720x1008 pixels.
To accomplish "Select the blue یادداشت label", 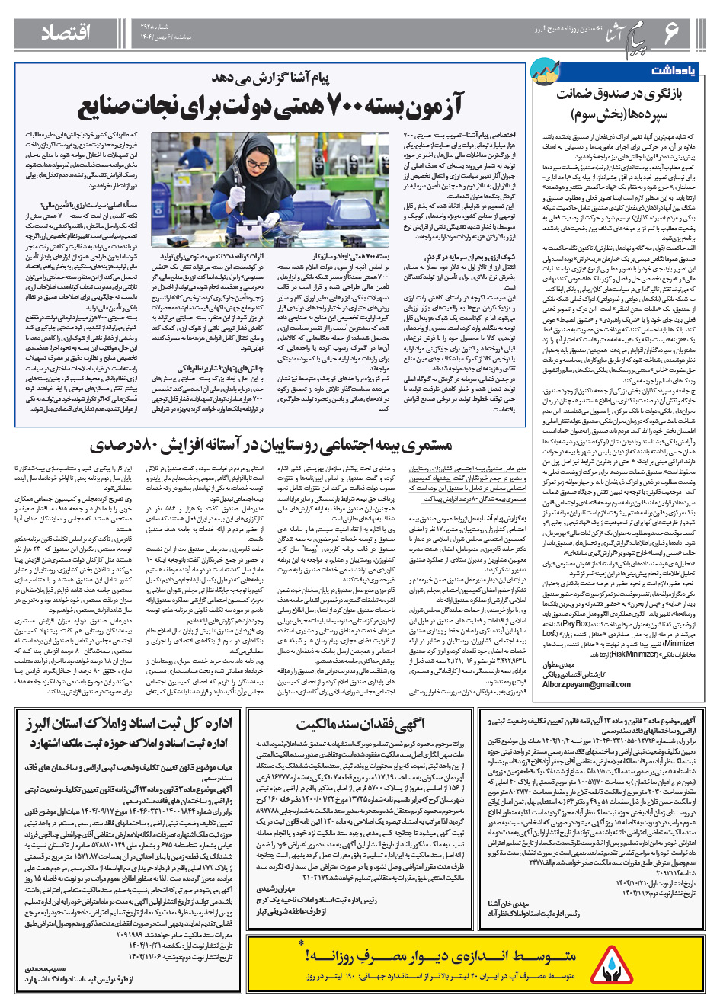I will [673, 70].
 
